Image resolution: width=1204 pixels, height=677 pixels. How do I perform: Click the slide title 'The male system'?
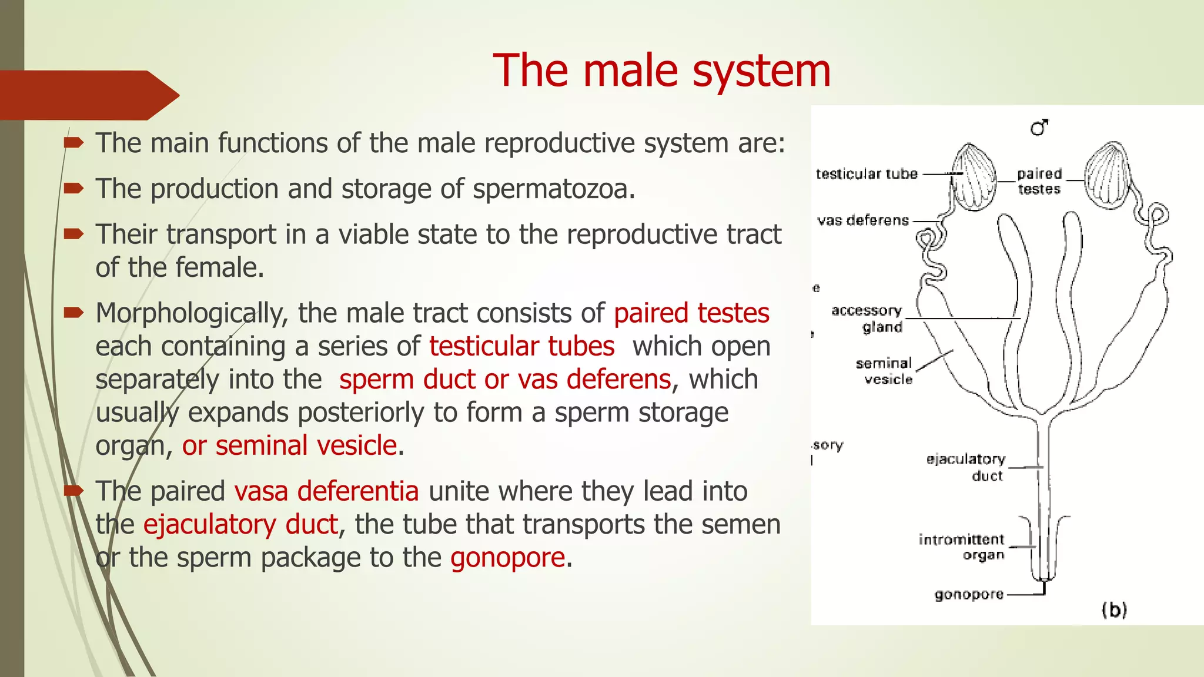[x=661, y=71]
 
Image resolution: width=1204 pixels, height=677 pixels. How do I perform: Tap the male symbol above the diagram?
[x=1039, y=127]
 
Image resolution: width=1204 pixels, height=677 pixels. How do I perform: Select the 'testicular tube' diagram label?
[x=867, y=174]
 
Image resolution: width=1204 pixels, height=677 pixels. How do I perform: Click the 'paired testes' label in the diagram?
[x=1039, y=182]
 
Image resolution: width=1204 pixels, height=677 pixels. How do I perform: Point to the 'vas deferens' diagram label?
[x=863, y=220]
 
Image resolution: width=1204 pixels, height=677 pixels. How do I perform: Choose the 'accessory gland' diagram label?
[x=868, y=319]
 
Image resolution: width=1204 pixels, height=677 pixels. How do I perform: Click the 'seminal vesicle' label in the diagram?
[x=884, y=371]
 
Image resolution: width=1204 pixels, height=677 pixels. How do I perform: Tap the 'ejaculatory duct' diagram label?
[x=966, y=467]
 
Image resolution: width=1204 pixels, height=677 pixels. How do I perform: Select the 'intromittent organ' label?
[x=962, y=547]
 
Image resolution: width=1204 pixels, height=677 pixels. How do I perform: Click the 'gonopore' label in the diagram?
[x=969, y=595]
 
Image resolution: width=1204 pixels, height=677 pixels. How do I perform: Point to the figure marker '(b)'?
[x=1113, y=609]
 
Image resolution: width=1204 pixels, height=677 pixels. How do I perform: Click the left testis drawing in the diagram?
[x=974, y=177]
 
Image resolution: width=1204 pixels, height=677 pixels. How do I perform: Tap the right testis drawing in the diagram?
[x=1106, y=175]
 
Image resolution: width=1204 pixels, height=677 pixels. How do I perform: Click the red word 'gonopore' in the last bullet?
[x=507, y=558]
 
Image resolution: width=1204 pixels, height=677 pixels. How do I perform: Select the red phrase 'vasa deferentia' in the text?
[x=326, y=491]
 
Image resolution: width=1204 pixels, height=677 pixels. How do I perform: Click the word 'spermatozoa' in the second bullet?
[x=554, y=189]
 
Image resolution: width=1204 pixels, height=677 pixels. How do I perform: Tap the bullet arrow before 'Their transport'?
[x=74, y=234]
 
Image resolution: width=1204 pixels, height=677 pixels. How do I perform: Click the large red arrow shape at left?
[x=88, y=95]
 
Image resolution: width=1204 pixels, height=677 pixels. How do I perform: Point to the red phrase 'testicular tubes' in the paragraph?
[x=521, y=346]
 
